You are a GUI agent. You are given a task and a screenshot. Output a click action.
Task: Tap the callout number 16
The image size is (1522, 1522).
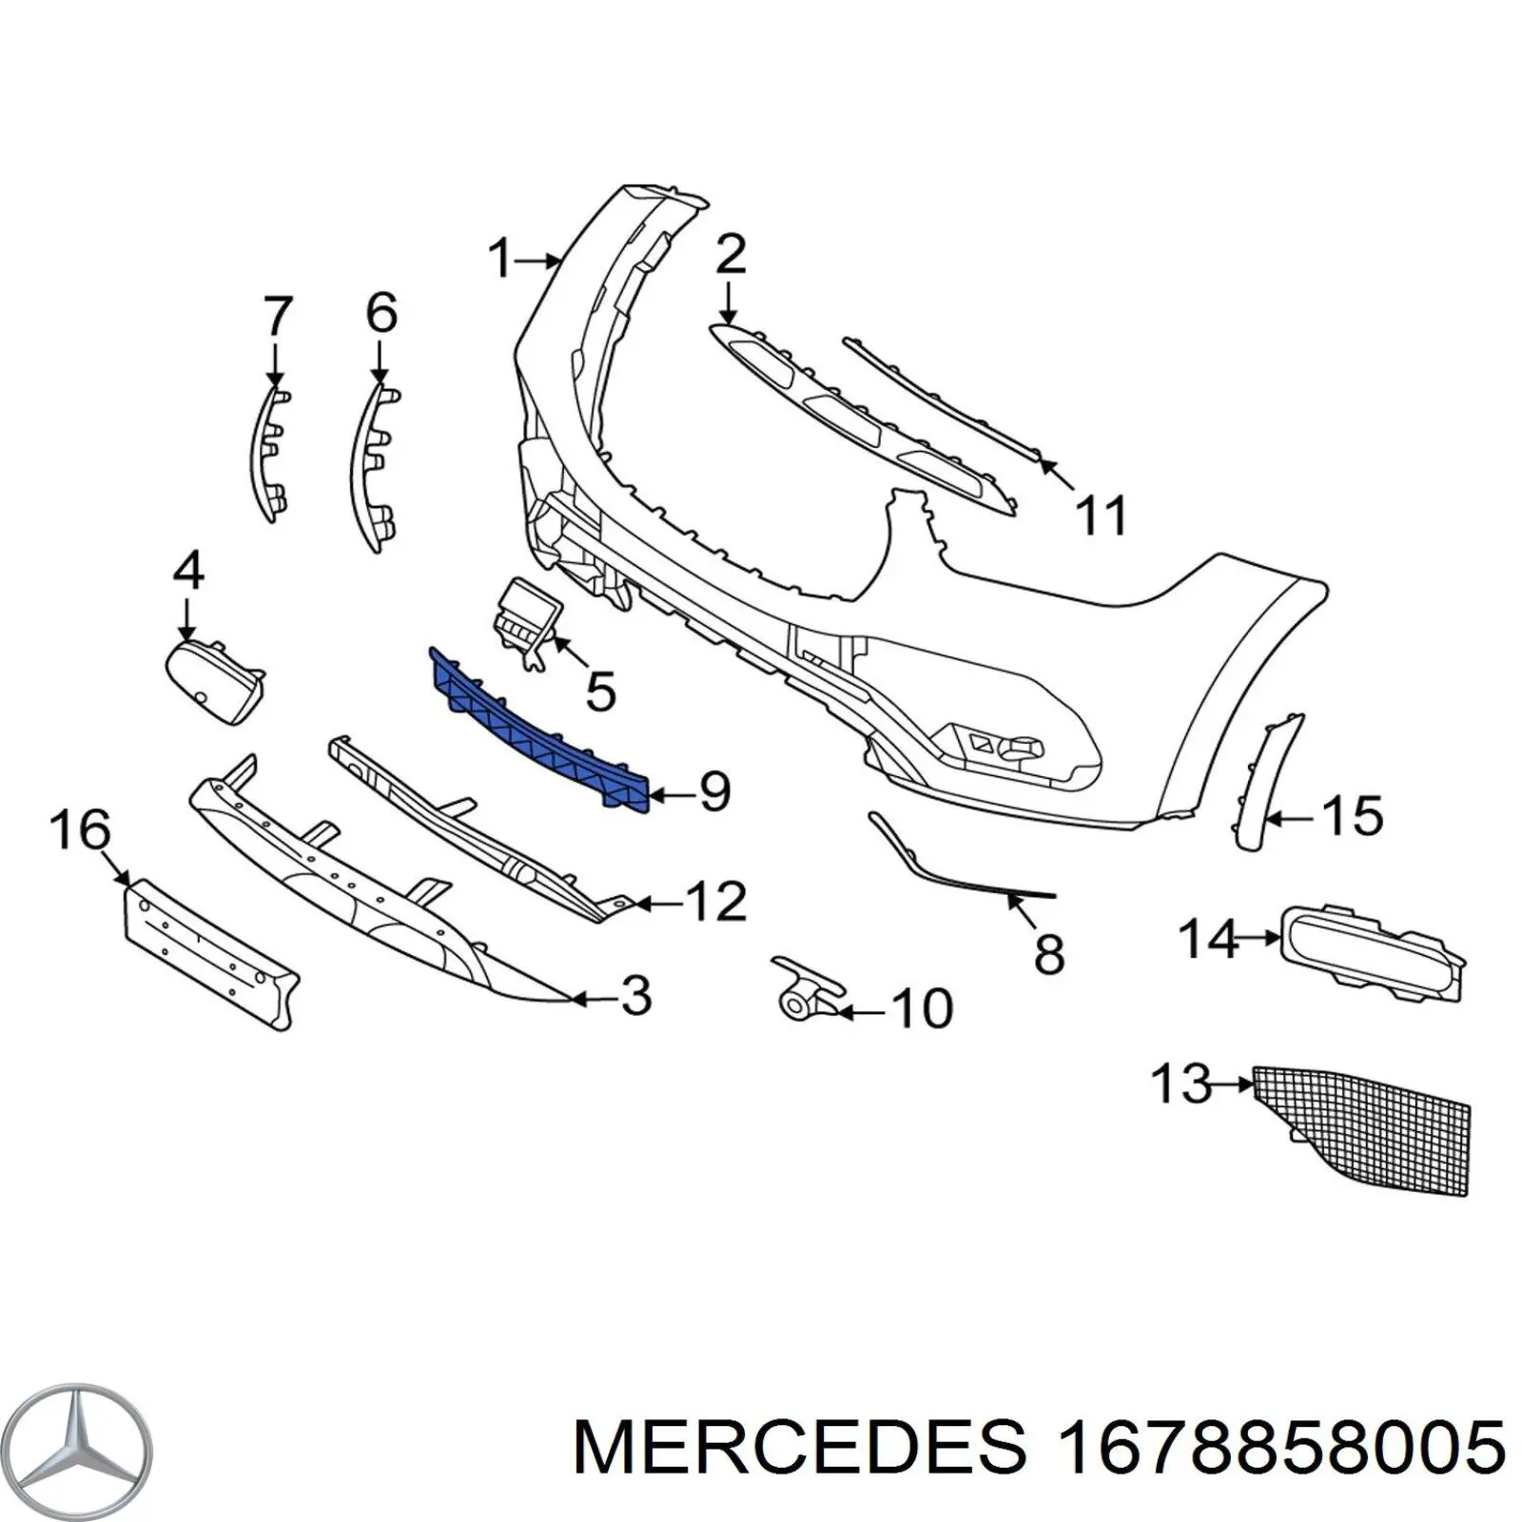(x=80, y=829)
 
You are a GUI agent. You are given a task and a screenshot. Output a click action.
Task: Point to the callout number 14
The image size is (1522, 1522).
(x=1209, y=938)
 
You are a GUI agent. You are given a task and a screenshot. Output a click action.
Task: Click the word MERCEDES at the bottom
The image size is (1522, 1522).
(x=801, y=1448)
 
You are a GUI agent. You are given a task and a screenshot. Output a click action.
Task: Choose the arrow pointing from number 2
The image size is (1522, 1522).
(x=728, y=302)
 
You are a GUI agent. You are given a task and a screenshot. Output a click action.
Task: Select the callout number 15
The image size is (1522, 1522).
(x=1353, y=816)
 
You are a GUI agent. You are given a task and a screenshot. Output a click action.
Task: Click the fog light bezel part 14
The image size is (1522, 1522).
(x=1370, y=951)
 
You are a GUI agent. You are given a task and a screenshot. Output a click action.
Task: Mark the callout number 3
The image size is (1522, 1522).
(x=634, y=995)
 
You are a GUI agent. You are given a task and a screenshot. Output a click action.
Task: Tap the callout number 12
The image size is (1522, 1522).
(x=715, y=901)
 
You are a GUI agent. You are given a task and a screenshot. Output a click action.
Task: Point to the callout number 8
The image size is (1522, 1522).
(x=1048, y=954)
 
